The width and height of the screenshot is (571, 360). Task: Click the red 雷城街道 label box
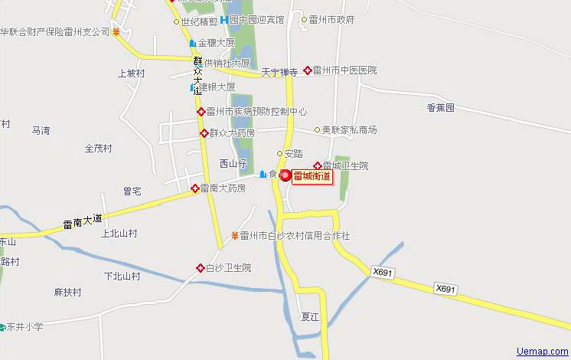[x=312, y=176]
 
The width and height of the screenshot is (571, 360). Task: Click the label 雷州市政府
[x=331, y=19]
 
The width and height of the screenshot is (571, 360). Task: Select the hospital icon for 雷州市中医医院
[x=308, y=70]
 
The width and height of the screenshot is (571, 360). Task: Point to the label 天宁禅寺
[x=279, y=73]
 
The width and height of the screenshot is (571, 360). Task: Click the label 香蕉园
[x=441, y=108]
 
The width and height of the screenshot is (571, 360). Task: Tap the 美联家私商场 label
[x=349, y=130]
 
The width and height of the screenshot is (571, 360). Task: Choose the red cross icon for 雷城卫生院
[x=317, y=165]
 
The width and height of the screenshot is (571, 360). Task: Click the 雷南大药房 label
[x=224, y=188]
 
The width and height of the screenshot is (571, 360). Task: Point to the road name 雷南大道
[x=82, y=221]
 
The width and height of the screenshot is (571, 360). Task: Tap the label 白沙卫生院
[x=228, y=267]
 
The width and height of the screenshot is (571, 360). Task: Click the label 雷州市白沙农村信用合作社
[x=295, y=236]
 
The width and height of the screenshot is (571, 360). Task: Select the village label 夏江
[x=309, y=316]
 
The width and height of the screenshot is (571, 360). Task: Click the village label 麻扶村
[x=67, y=292]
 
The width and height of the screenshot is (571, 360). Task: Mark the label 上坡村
[x=131, y=74]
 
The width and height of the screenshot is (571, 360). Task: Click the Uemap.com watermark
[x=543, y=352]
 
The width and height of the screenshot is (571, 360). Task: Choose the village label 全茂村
[x=98, y=148]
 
